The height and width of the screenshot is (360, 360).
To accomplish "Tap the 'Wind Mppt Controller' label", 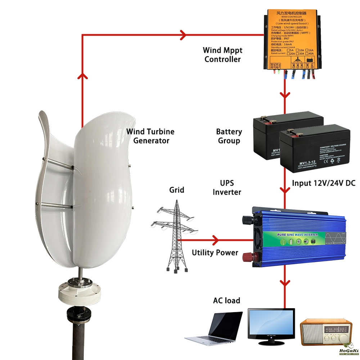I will coord(222,54).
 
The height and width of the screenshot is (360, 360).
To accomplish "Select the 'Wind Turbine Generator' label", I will coord(150,136).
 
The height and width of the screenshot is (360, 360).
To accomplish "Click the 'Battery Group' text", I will coord(229,136).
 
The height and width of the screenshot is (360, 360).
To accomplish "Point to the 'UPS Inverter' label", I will coord(227,187).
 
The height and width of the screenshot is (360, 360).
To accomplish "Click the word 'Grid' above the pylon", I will coord(176,190).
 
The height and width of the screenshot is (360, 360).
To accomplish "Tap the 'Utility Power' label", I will coord(215,253).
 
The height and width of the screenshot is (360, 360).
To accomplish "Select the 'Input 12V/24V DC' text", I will coord(323,183).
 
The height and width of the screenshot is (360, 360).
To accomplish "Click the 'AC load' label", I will coord(227,300).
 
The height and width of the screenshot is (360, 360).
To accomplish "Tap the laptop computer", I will coord(216,326).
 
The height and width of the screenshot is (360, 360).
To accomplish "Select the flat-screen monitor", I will coord(271,323).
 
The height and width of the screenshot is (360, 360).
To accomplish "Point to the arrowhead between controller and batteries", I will coord(285,96).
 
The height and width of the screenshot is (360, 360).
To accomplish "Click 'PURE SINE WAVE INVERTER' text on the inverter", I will coord(297,234).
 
